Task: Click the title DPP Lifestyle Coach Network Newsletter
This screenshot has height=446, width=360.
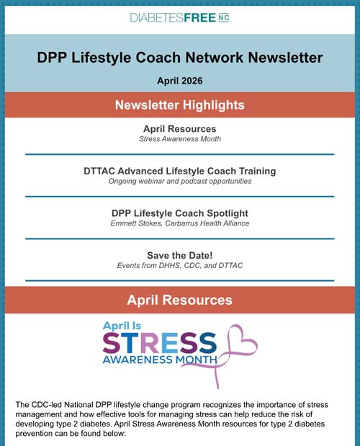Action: pyautogui.click(x=180, y=58)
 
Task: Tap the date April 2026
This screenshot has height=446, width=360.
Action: pyautogui.click(x=180, y=81)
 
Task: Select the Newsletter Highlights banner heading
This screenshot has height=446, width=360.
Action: pyautogui.click(x=180, y=105)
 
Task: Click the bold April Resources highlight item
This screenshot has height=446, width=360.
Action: pyautogui.click(x=180, y=128)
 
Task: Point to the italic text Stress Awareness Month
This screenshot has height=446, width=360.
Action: pyautogui.click(x=180, y=139)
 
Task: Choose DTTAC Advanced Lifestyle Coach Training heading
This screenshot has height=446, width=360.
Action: pyautogui.click(x=180, y=171)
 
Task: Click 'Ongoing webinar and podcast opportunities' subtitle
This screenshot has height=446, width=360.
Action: pyautogui.click(x=180, y=182)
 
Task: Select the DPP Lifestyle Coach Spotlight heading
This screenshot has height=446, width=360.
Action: pyautogui.click(x=180, y=213)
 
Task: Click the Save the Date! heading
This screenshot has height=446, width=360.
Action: pyautogui.click(x=180, y=255)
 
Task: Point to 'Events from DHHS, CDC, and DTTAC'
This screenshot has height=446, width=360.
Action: pyautogui.click(x=180, y=266)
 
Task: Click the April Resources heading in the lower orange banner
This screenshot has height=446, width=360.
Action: pyautogui.click(x=180, y=300)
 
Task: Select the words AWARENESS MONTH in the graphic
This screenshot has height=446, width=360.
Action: pyautogui.click(x=160, y=359)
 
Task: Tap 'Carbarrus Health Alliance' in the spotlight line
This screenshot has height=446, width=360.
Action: pyautogui.click(x=207, y=224)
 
